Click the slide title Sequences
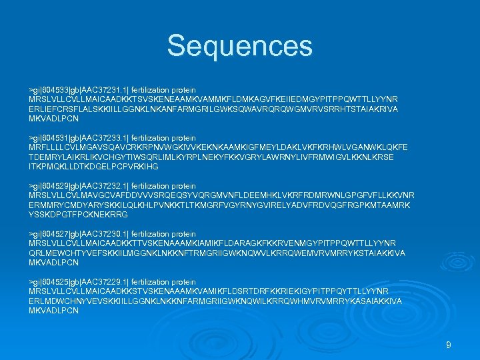pos(239,46)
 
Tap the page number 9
pos(449,345)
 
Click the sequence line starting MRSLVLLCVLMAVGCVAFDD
pos(221,195)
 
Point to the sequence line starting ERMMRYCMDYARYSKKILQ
pos(220,205)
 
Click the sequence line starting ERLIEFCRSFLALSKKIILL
pos(213,109)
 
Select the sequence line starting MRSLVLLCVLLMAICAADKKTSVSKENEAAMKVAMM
pos(213,99)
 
